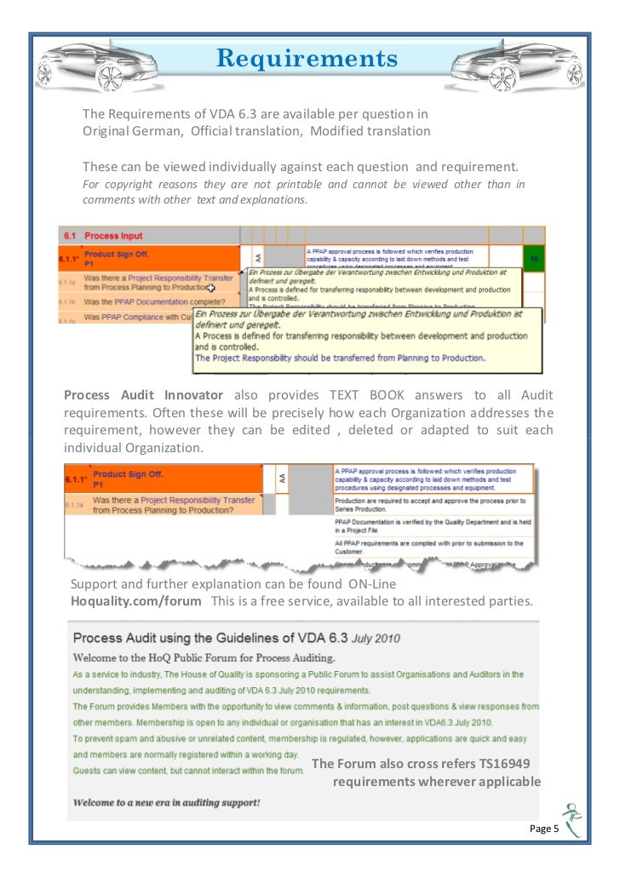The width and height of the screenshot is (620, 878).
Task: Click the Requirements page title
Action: (307, 59)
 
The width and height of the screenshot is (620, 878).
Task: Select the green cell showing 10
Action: (534, 257)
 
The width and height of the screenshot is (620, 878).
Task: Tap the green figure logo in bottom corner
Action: (573, 819)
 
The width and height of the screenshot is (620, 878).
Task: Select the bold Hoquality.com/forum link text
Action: (136, 601)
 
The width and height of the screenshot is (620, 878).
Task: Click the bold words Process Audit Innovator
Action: (144, 395)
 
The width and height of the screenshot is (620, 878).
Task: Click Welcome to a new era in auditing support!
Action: (166, 802)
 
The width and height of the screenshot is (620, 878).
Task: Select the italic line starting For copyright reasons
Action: (303, 185)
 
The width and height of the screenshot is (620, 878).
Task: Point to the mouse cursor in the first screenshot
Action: (211, 288)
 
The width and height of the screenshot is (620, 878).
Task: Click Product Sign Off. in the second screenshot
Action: (128, 473)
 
